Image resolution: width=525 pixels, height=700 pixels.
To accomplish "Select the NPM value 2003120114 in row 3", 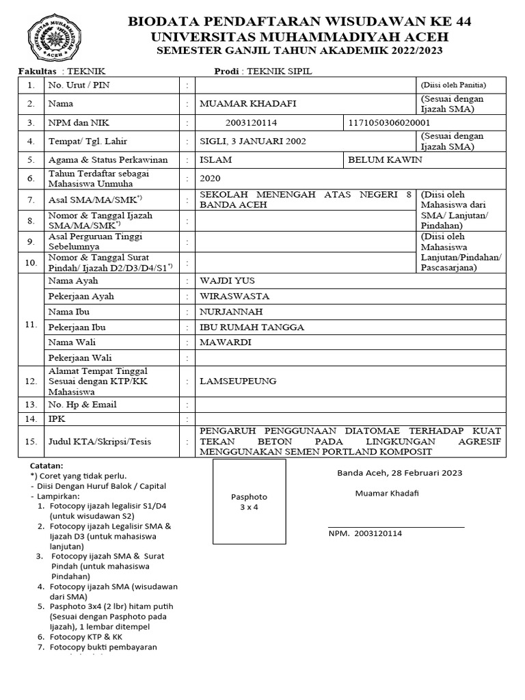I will point(251,122).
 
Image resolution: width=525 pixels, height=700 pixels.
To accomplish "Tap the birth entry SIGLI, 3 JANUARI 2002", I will point(253,142).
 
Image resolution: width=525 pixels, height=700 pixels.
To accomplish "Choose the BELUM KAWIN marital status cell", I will point(385,160).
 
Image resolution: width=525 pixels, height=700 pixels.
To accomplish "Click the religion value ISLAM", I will point(215,160).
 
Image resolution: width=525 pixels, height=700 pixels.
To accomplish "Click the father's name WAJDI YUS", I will point(224,281).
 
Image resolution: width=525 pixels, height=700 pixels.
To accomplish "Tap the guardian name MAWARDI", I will point(225,342).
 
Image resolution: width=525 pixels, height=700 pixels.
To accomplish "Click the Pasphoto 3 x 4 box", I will point(249,502).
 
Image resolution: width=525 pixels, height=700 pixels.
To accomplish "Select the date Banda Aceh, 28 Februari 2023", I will point(399,472).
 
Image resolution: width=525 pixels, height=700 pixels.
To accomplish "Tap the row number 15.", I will point(30,442).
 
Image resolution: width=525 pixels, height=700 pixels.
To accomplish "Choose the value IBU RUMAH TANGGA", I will point(252,327).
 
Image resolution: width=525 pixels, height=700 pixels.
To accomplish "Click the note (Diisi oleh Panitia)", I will point(453,85).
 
